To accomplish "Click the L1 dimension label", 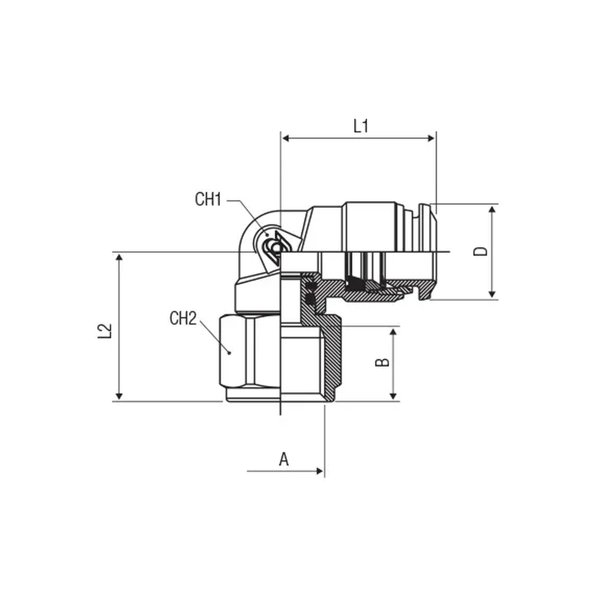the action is [361, 126].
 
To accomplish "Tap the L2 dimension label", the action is [104, 331].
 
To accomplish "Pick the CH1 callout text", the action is [208, 199].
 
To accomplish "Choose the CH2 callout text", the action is [183, 318].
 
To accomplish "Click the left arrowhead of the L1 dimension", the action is [286, 138].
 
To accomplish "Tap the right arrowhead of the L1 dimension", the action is [431, 138].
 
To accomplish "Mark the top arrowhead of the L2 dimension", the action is [119, 257].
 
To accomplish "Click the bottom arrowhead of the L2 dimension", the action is [119, 396].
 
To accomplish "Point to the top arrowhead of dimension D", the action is [492, 210].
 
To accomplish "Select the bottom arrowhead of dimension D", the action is [492, 294].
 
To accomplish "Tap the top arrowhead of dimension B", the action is [393, 332].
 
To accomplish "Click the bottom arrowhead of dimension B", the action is [393, 396].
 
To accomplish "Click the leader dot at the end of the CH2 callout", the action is [229, 353].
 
